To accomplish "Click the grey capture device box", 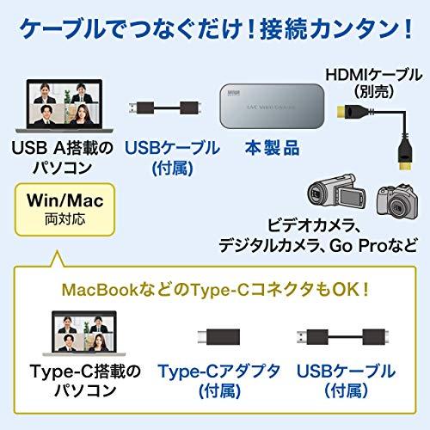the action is tap(272, 106).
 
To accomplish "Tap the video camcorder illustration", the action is tap(337, 191).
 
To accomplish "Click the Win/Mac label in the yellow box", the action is tap(65, 200).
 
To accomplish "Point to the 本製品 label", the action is tap(272, 148).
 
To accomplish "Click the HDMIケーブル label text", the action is tap(374, 75).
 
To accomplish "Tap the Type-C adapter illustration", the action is tap(218, 336).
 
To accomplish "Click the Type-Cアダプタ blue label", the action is tap(219, 371).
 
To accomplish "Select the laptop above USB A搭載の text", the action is tap(64, 106).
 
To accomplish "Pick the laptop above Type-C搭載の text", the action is tap(84, 334).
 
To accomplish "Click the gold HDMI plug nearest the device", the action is tap(341, 112).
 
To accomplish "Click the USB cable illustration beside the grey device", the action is tap(165, 108).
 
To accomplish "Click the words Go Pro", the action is tap(359, 245).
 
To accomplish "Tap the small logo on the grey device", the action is tap(234, 93).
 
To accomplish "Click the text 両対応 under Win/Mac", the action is tap(65, 219).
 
